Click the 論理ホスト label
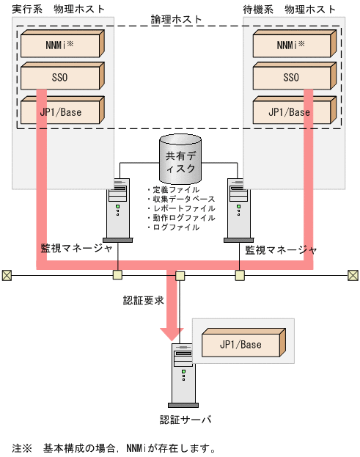click(180, 18)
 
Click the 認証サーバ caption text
click(185, 420)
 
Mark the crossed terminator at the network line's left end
click(7, 275)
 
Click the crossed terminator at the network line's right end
click(353, 275)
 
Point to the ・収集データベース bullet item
click(181, 200)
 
